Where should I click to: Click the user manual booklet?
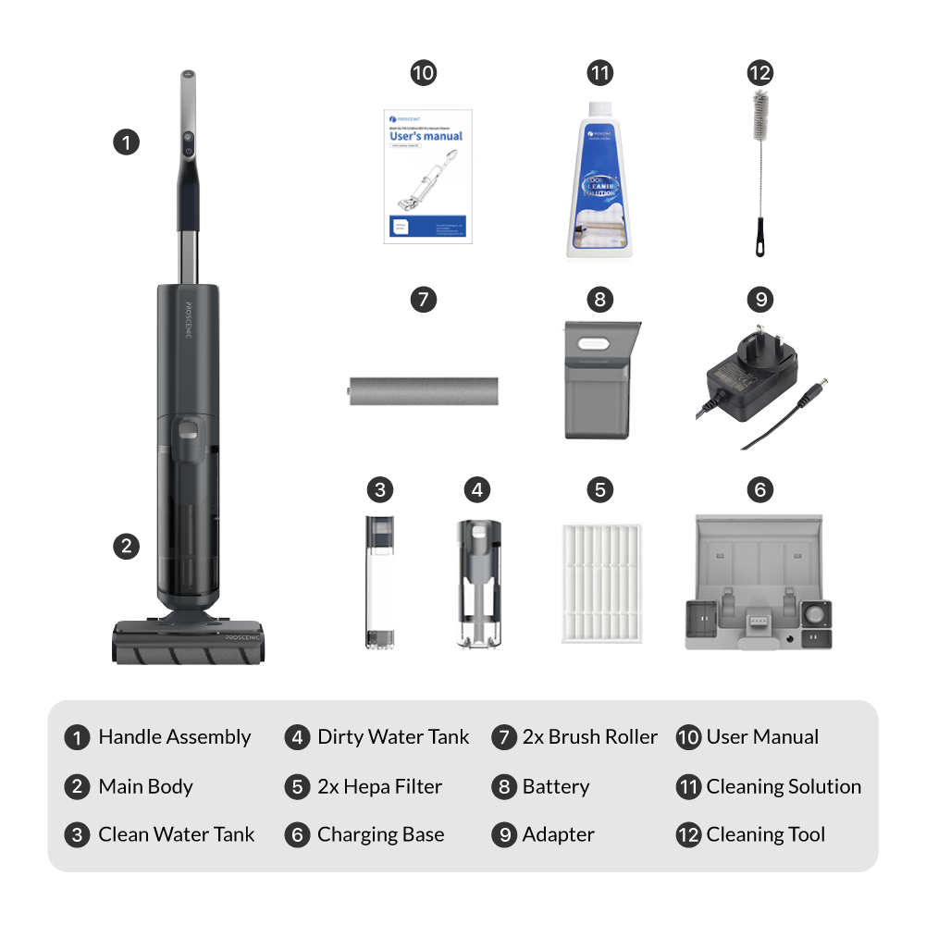tap(426, 176)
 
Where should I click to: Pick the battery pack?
tap(600, 379)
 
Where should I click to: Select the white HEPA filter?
tap(600, 584)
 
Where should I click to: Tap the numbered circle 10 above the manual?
tap(423, 73)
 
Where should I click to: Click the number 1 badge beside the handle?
tap(126, 142)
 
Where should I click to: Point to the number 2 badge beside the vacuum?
tap(126, 546)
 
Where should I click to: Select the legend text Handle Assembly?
tap(175, 737)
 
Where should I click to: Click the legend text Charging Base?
tap(380, 834)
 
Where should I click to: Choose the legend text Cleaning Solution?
tap(784, 786)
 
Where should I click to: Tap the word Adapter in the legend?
tap(558, 834)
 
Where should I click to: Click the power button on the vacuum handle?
tap(188, 149)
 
